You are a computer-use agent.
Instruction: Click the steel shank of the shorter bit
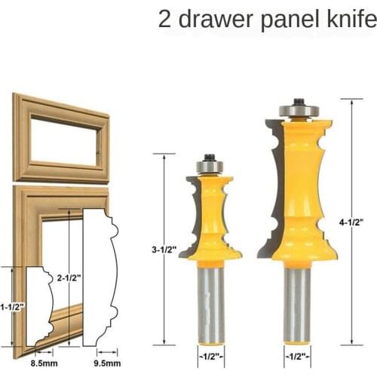click(210, 302)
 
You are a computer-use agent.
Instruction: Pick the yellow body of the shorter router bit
click(210, 219)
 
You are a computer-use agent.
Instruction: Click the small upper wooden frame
click(60, 139)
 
